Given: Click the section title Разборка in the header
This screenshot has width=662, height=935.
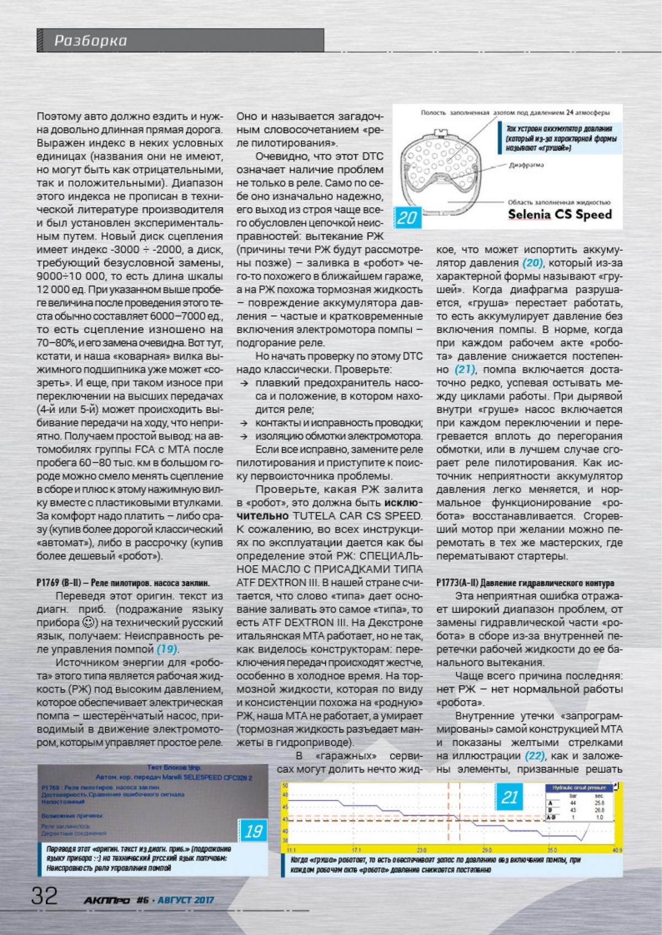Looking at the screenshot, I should tap(90, 41).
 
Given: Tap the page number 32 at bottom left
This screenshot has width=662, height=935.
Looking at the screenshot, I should tap(45, 896).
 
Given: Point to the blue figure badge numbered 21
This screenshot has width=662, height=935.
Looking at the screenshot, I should tap(510, 797).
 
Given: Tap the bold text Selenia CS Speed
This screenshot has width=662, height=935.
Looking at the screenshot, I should tap(560, 214).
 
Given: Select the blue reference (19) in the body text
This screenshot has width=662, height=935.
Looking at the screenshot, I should tap(168, 649).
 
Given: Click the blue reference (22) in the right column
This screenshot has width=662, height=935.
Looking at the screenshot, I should tap(534, 755).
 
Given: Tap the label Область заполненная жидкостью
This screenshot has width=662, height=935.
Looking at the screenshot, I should tap(558, 202).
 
